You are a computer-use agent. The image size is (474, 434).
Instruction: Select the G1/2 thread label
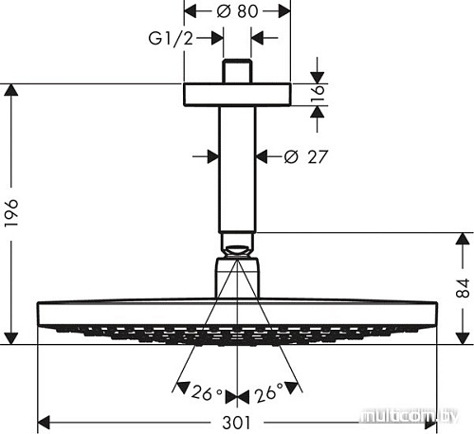click(173, 40)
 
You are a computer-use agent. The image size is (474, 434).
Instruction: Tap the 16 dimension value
click(323, 94)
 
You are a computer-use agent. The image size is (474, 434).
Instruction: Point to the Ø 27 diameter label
click(306, 155)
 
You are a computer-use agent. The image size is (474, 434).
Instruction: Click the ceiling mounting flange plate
click(237, 94)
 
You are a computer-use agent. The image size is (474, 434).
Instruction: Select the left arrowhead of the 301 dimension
click(44, 420)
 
